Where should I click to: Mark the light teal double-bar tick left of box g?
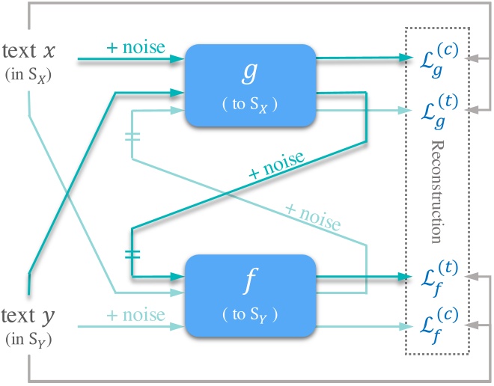132,137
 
